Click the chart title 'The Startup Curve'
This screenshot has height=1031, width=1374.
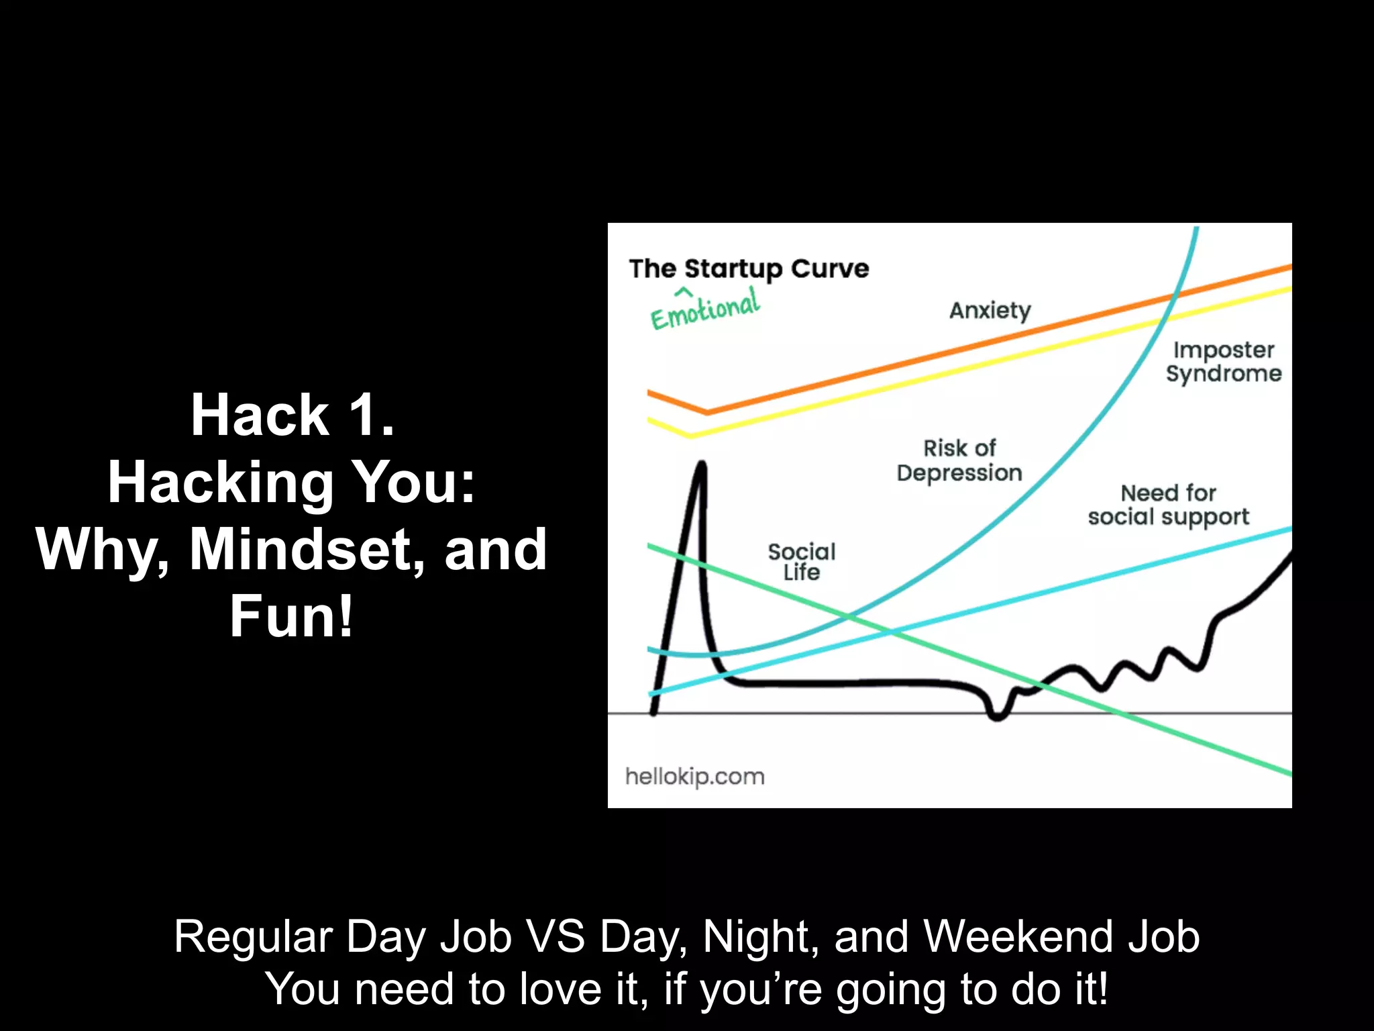tap(749, 268)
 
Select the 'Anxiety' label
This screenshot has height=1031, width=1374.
tap(990, 310)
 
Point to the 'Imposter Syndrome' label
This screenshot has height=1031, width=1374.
tap(1223, 361)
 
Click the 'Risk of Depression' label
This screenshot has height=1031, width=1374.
tap(959, 460)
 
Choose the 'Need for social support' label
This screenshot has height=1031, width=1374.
tap(1168, 505)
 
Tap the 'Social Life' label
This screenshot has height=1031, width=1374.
tap(802, 562)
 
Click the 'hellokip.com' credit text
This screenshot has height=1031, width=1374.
tap(694, 777)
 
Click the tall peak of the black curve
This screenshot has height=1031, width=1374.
tap(702, 464)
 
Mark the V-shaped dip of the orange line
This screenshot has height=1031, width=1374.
tap(707, 412)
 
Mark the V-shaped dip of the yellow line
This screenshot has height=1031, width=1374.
tap(691, 435)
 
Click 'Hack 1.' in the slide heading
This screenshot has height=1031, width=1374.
tap(293, 415)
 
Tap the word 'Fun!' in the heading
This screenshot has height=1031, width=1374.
tap(291, 616)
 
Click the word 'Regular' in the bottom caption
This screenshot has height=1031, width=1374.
tap(253, 938)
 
